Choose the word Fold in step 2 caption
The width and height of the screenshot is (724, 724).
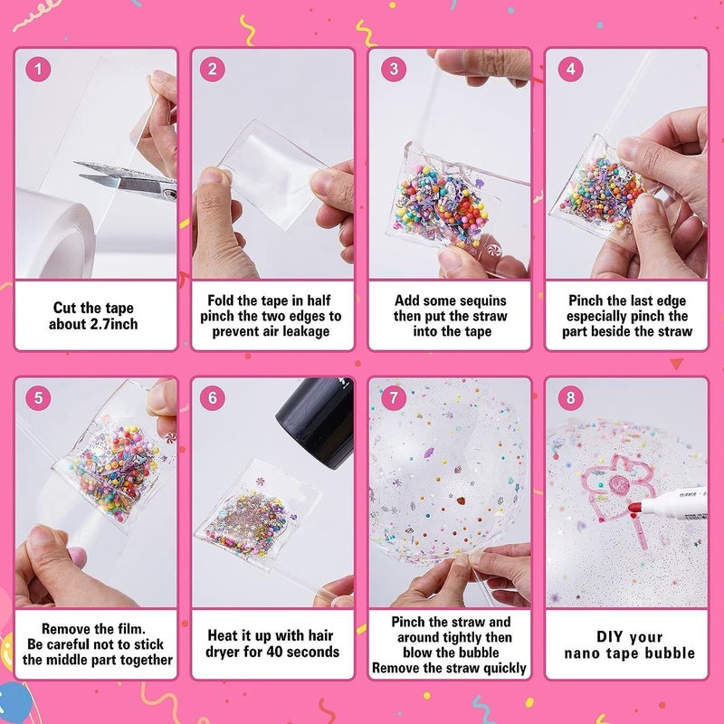[224, 300]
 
